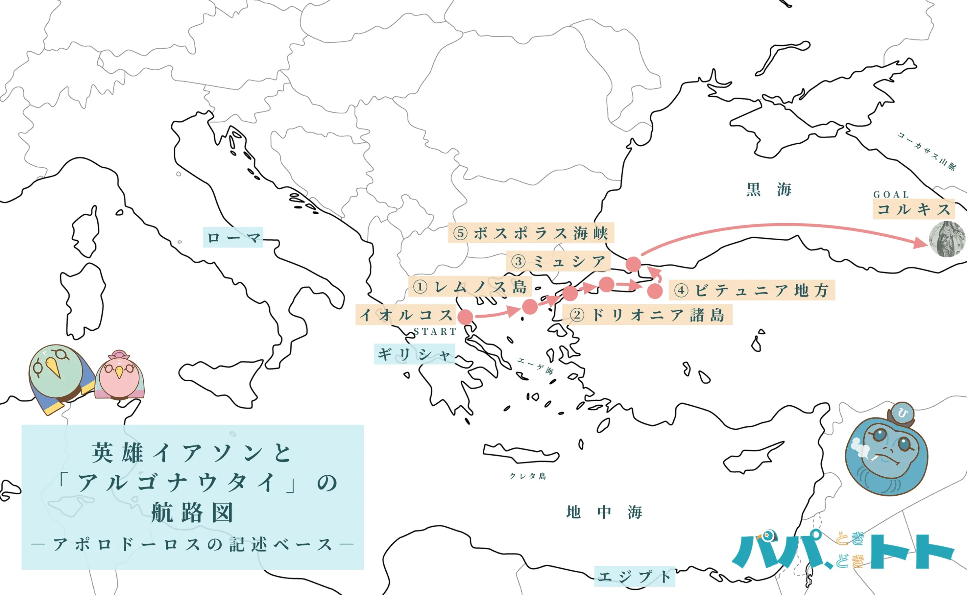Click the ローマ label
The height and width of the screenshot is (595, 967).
tap(233, 237)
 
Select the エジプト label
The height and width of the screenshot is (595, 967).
tap(635, 576)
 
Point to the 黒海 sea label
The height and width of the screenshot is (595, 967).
tap(769, 190)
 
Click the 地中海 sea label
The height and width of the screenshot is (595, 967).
tap(604, 512)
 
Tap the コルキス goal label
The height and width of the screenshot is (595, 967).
tap(914, 209)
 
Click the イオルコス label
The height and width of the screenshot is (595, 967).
tap(406, 315)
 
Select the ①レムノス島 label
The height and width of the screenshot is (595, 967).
tap(470, 286)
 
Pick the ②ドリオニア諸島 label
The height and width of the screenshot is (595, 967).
tap(647, 315)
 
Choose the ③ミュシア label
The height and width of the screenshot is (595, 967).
tap(558, 261)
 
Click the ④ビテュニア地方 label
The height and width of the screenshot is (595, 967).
tap(751, 291)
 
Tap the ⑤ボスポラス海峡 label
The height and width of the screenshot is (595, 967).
tap(531, 233)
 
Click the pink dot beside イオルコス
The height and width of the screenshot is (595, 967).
tap(465, 317)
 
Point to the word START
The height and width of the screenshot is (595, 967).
tap(435, 332)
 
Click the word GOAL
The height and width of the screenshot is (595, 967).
tap(891, 195)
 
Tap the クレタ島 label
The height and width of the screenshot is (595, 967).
tap(528, 476)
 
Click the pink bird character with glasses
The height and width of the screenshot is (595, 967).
tap(119, 375)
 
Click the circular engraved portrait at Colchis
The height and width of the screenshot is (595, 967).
tap(947, 239)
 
